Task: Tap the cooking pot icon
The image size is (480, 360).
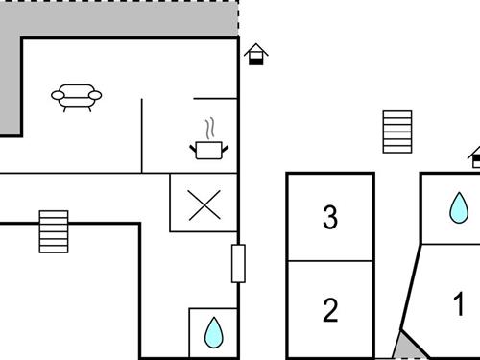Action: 209,148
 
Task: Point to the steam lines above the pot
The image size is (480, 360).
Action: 210,128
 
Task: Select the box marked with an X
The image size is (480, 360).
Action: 204,204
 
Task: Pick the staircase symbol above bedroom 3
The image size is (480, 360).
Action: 397,132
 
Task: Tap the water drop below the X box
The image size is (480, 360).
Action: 213,332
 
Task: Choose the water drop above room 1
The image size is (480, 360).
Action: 460,206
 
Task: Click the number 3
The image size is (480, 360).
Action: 330,218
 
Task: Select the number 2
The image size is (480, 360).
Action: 330,310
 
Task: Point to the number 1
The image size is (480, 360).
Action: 459,305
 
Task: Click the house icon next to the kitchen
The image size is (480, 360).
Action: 255,54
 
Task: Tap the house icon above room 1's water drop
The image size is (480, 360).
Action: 474,156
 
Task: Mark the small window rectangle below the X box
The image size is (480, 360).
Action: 238,263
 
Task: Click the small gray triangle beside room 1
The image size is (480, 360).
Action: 406,346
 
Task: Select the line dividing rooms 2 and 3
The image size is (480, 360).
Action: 330,261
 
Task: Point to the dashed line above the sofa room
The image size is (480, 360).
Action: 238,19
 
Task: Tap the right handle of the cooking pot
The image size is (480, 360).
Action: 226,145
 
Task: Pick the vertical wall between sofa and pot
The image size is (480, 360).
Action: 142,134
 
